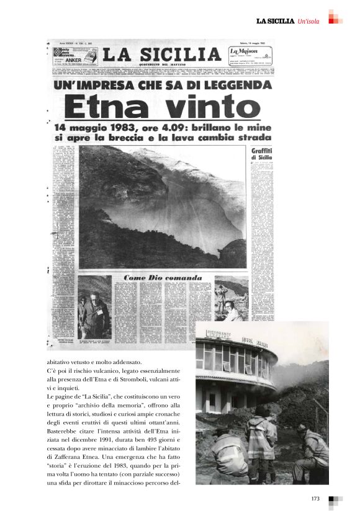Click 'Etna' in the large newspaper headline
pos(105,108)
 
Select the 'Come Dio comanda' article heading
pos(163,277)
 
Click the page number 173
pos(315,498)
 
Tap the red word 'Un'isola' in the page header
pos(308,22)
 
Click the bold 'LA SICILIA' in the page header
pos(275,22)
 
